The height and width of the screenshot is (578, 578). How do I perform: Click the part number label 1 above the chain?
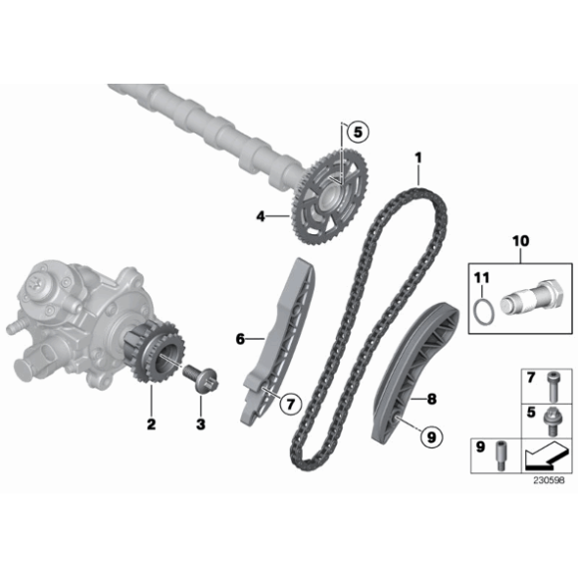[420, 156]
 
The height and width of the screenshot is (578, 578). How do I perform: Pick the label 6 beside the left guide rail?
[240, 340]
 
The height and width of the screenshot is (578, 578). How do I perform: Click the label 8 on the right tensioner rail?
[432, 400]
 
